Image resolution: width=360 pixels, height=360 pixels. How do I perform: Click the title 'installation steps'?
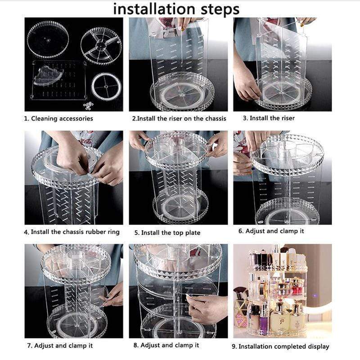pyautogui.click(x=176, y=9)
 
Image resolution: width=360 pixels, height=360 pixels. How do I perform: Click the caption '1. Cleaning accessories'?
pyautogui.click(x=58, y=119)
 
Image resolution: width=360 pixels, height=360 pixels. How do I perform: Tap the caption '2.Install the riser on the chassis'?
pyautogui.click(x=179, y=119)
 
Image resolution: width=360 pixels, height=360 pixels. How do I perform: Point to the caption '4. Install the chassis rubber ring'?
pyautogui.click(x=72, y=232)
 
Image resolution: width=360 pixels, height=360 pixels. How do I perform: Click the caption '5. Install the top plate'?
pyautogui.click(x=167, y=233)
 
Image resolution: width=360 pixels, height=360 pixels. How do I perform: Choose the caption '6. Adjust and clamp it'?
pyautogui.click(x=271, y=231)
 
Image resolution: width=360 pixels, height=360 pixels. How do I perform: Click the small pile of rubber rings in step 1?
pyautogui.click(x=89, y=105)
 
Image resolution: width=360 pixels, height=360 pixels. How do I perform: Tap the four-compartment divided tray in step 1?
pyautogui.click(x=101, y=45)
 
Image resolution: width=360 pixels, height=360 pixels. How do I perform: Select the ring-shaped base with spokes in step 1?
pyautogui.click(x=106, y=86)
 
